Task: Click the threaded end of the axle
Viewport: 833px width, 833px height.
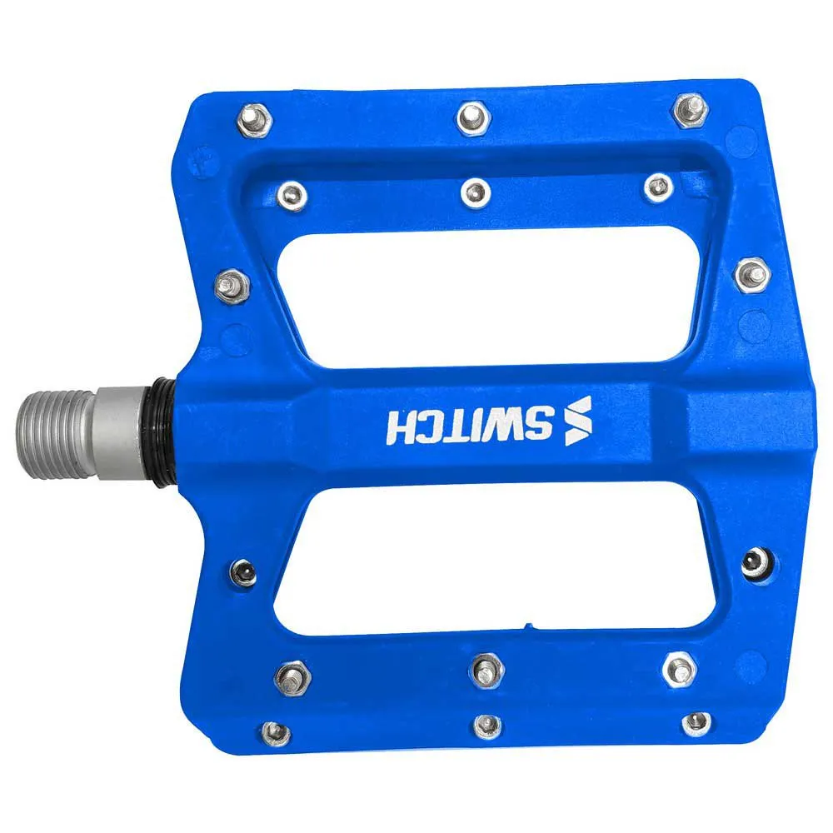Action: [x=56, y=434]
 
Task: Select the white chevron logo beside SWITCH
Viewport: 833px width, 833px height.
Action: [x=578, y=421]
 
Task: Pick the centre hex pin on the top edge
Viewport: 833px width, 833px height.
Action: [x=473, y=117]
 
